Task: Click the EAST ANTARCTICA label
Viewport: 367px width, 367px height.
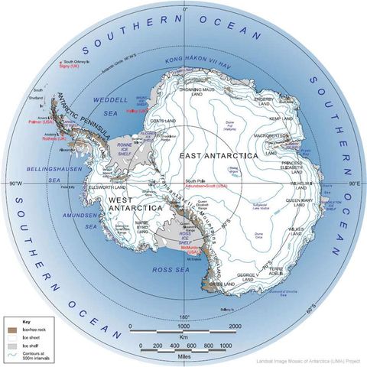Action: click(x=217, y=155)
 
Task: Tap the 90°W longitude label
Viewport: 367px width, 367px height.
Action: click(x=17, y=184)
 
